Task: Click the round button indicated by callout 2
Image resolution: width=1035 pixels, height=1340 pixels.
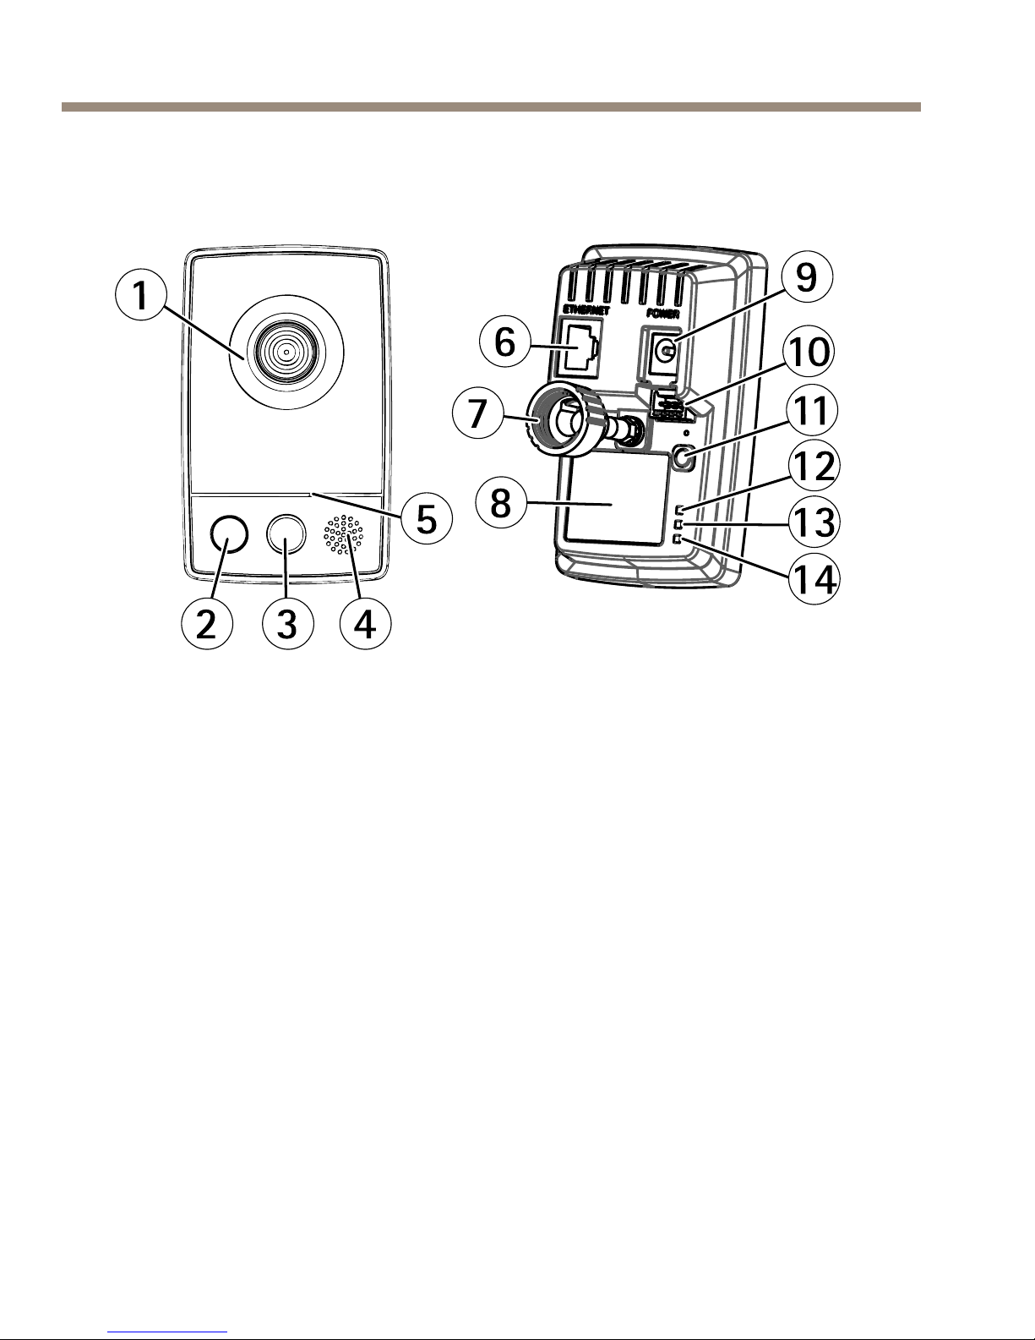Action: coord(229,534)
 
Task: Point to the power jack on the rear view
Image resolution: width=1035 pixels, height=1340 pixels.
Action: coord(666,351)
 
